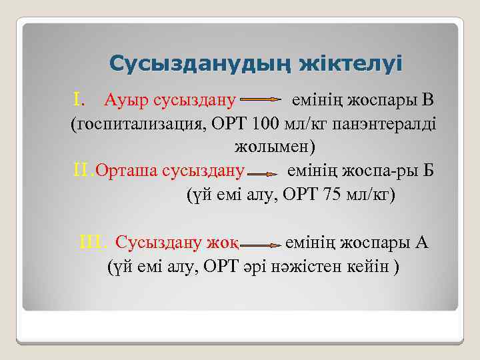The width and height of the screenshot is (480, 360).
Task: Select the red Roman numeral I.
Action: [x=79, y=101]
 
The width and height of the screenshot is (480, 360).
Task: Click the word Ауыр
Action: [x=127, y=101]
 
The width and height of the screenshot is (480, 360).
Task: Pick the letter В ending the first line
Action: [x=427, y=101]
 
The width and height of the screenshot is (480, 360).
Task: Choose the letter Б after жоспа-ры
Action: [x=427, y=171]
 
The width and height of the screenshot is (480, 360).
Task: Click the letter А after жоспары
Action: [x=421, y=242]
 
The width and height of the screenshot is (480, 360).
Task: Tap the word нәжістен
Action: [x=306, y=266]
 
